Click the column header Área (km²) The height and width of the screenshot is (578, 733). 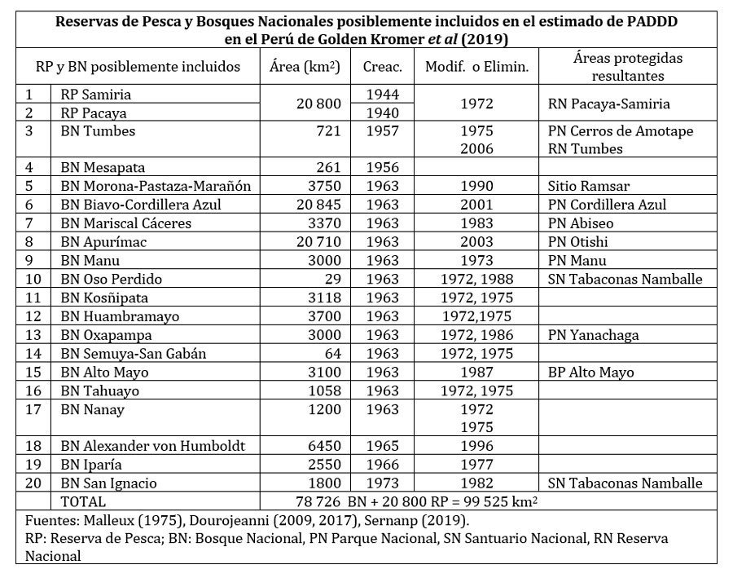click(x=304, y=68)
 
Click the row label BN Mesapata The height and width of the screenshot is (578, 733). click(x=97, y=167)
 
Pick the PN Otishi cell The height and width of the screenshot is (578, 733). click(x=579, y=242)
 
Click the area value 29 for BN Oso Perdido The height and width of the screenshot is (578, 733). click(x=333, y=279)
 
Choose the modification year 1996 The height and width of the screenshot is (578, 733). click(x=476, y=446)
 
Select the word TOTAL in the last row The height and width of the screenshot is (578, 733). click(x=85, y=502)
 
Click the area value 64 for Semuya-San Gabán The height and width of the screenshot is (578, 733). click(x=332, y=353)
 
